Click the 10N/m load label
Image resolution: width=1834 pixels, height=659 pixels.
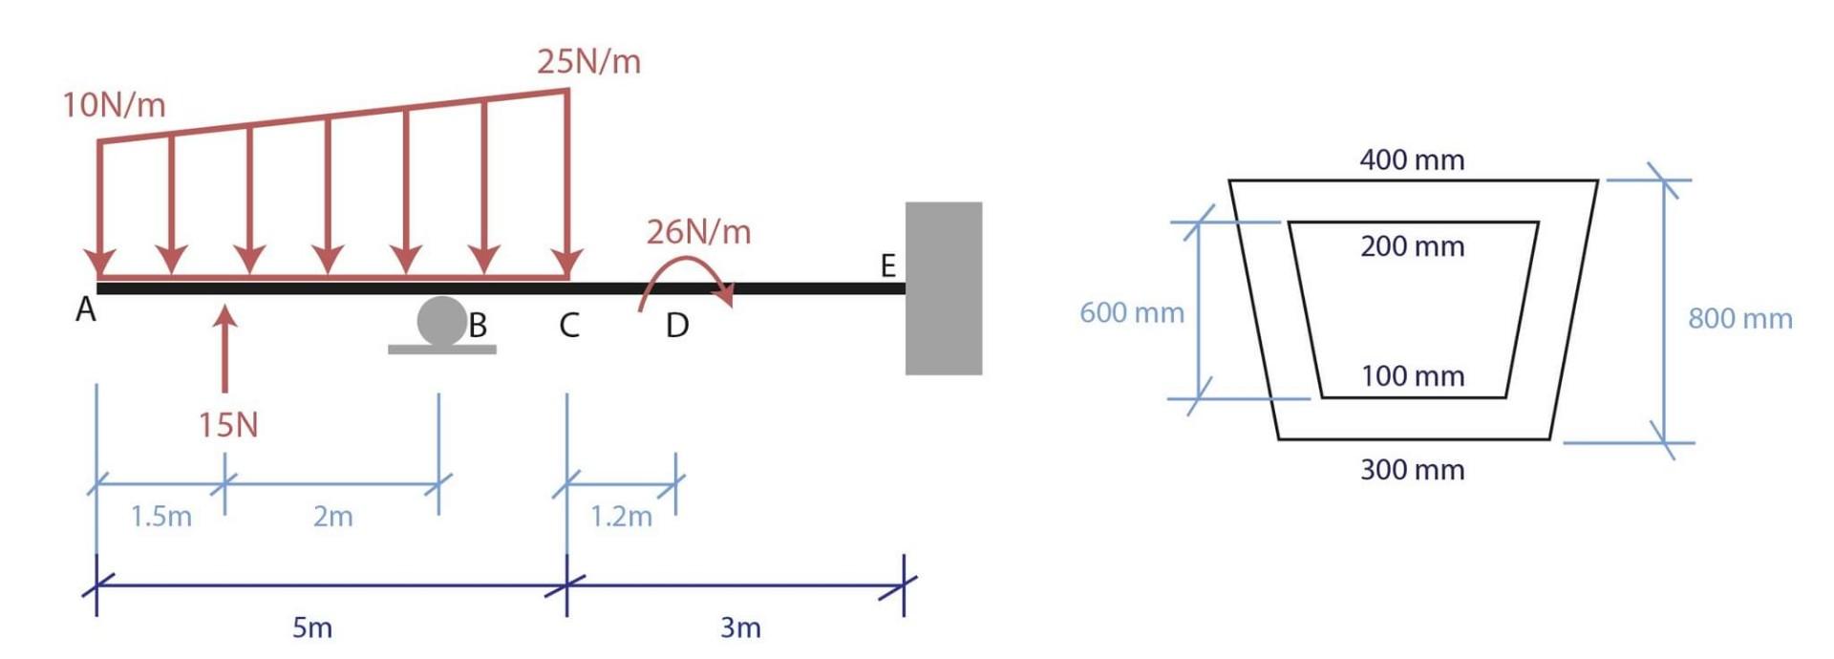tap(114, 105)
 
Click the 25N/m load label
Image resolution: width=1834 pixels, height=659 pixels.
tap(588, 62)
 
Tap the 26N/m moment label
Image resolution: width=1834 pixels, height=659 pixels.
tap(698, 232)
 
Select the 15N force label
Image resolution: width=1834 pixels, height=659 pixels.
tap(228, 425)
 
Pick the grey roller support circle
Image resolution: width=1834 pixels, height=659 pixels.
tap(441, 321)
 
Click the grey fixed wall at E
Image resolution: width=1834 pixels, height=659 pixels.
tap(943, 287)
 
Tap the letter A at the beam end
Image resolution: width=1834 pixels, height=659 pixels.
tap(86, 310)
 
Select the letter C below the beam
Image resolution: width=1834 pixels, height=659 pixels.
tap(569, 326)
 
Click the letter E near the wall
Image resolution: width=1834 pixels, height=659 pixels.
tap(887, 266)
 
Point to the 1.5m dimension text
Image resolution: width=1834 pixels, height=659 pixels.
tap(160, 517)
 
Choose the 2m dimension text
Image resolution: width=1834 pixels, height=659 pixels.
tap(332, 517)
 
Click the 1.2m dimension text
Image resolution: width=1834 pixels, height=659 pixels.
tap(621, 517)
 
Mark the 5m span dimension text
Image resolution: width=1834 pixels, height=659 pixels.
tap(312, 627)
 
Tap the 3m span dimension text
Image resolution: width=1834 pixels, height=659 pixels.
tap(740, 627)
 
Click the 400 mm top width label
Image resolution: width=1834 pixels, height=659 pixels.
tap(1412, 159)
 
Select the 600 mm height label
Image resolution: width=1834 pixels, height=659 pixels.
tap(1131, 312)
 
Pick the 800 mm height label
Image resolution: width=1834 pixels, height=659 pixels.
tap(1739, 318)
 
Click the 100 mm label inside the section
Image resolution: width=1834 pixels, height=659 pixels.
tap(1412, 376)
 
